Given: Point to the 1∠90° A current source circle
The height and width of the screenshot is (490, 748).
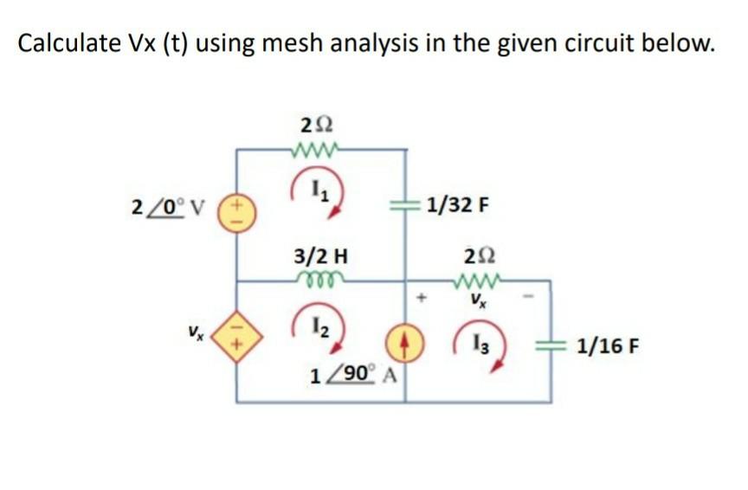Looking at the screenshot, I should pyautogui.click(x=405, y=342).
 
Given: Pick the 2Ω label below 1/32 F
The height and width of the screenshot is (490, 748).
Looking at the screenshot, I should pyautogui.click(x=475, y=256).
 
